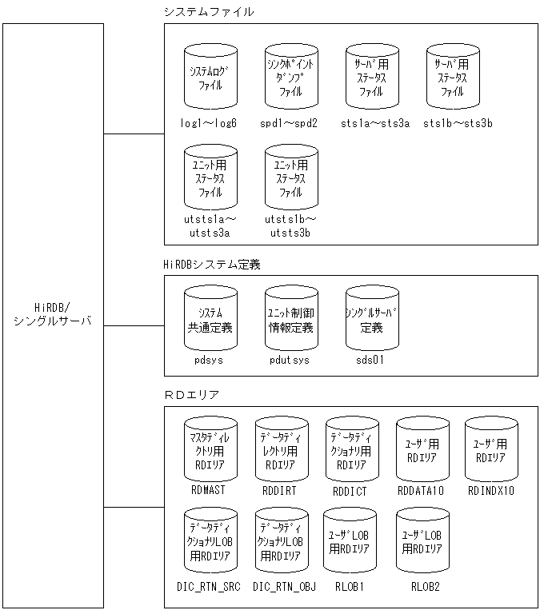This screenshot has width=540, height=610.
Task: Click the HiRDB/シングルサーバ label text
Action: (x=53, y=314)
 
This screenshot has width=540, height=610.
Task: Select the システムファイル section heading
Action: (x=208, y=11)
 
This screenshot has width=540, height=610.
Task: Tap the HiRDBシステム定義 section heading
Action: (x=212, y=263)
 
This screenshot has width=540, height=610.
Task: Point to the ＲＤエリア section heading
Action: (x=191, y=394)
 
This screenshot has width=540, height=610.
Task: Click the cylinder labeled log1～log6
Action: (x=210, y=77)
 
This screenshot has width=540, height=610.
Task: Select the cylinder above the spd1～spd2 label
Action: (x=291, y=77)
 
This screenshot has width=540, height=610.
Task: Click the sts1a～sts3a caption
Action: (x=374, y=123)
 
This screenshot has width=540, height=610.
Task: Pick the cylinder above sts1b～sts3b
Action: (x=453, y=77)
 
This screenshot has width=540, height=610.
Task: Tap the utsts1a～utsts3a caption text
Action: (x=210, y=225)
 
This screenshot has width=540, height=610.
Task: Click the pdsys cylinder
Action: (x=210, y=318)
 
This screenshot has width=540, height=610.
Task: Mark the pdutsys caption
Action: (x=290, y=361)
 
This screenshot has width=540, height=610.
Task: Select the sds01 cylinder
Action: (x=372, y=318)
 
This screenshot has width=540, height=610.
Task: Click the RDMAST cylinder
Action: (x=210, y=449)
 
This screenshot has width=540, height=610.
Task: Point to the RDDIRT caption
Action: (x=278, y=491)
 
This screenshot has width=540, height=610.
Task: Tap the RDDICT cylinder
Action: (x=351, y=449)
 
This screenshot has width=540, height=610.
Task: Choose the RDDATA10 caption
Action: (x=422, y=491)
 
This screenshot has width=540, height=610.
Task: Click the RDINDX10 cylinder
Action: (x=491, y=449)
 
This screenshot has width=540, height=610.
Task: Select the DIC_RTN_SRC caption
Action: (x=208, y=586)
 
